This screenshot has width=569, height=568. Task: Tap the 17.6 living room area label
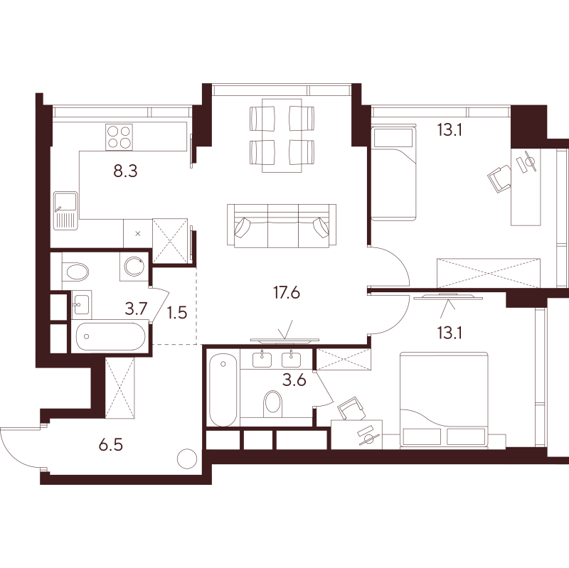pyautogui.click(x=287, y=291)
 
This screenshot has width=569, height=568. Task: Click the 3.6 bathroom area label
pyautogui.click(x=294, y=380)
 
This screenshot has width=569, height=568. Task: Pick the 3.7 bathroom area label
pyautogui.click(x=136, y=310)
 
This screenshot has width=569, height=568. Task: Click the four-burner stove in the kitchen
pyautogui.click(x=119, y=136)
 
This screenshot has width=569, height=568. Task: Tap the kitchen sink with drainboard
pyautogui.click(x=65, y=211)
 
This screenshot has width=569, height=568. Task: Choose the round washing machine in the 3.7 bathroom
pyautogui.click(x=133, y=267)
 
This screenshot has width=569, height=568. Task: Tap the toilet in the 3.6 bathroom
pyautogui.click(x=272, y=403)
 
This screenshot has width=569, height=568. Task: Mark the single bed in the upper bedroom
pyautogui.click(x=392, y=173)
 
